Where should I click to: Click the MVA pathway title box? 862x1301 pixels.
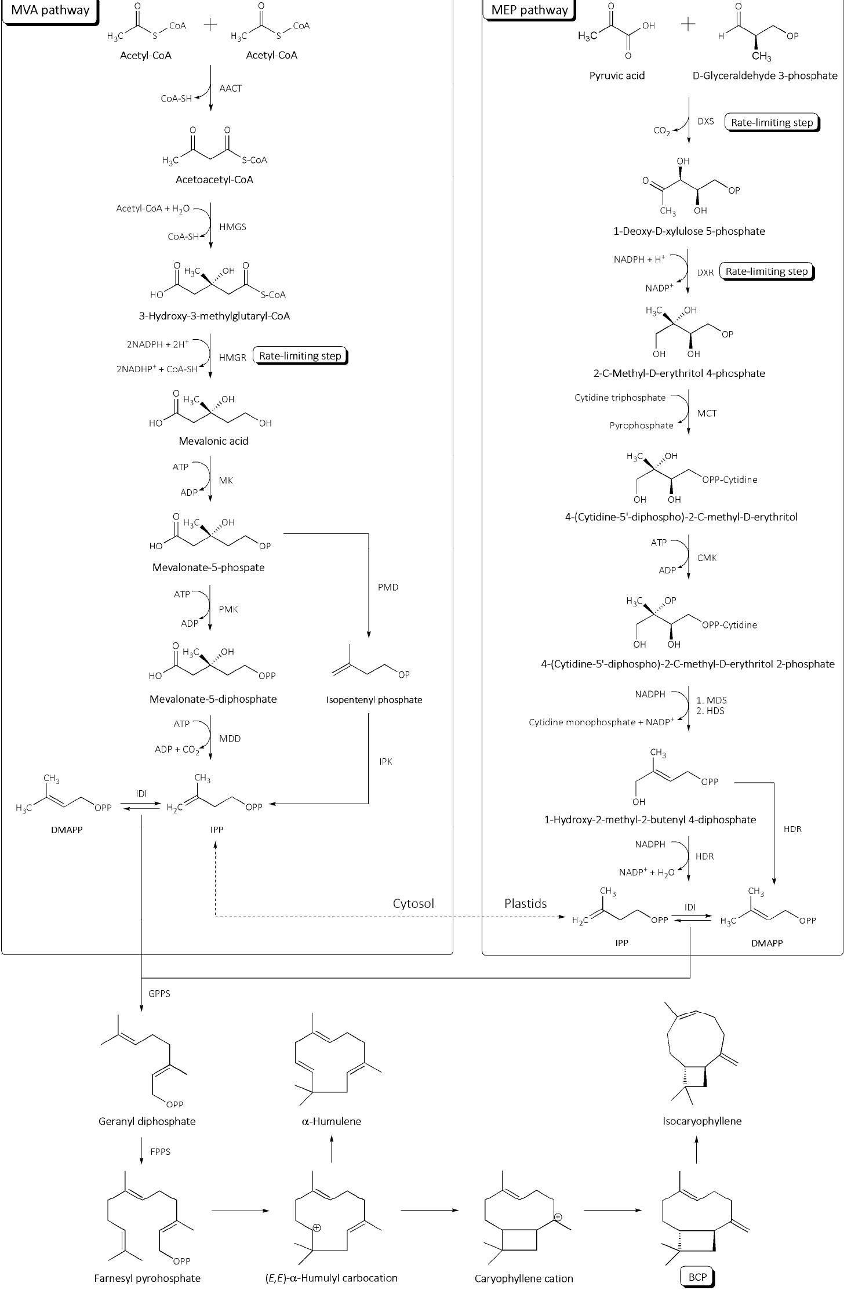pyautogui.click(x=50, y=10)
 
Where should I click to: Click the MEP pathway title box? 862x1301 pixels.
pyautogui.click(x=529, y=10)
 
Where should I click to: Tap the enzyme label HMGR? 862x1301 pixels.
pyautogui.click(x=232, y=358)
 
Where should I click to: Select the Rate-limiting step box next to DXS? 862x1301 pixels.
pyautogui.click(x=772, y=122)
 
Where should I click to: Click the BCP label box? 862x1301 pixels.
pyautogui.click(x=697, y=1277)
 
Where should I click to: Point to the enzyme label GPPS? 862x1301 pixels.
pyautogui.click(x=159, y=994)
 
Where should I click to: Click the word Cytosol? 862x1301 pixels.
pyautogui.click(x=413, y=904)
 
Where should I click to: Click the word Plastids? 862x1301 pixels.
pyautogui.click(x=525, y=904)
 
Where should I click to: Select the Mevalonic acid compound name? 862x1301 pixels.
pyautogui.click(x=213, y=441)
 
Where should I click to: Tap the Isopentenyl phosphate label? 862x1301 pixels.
pyautogui.click(x=374, y=700)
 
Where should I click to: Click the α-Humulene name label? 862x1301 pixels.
pyautogui.click(x=331, y=1121)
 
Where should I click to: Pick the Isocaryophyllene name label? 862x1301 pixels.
pyautogui.click(x=702, y=1121)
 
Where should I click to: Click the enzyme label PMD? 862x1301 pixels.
pyautogui.click(x=388, y=587)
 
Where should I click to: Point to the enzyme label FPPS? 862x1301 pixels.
pyautogui.click(x=161, y=1152)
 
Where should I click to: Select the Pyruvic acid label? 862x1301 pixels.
pyautogui.click(x=617, y=76)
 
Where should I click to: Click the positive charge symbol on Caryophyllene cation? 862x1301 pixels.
pyautogui.click(x=558, y=1217)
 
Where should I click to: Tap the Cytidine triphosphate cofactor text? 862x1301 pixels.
pyautogui.click(x=620, y=398)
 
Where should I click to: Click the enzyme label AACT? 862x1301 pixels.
pyautogui.click(x=231, y=89)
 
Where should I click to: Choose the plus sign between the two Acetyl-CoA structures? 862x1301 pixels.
pyautogui.click(x=211, y=24)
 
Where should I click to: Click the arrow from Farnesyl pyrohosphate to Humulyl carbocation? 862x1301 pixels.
pyautogui.click(x=240, y=1211)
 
